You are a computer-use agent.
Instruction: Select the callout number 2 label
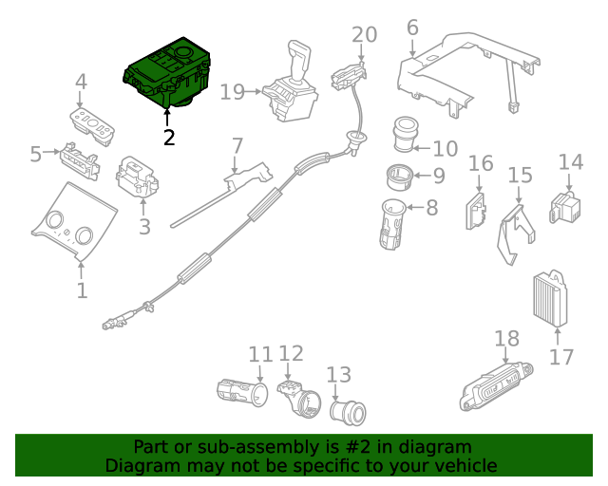tap(169, 138)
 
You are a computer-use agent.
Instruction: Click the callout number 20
tap(364, 34)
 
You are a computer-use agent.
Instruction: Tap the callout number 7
tap(237, 146)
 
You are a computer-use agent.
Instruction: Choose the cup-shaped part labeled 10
tap(409, 136)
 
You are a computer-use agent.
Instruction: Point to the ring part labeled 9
tap(399, 175)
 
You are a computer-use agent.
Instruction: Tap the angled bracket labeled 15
tap(514, 228)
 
